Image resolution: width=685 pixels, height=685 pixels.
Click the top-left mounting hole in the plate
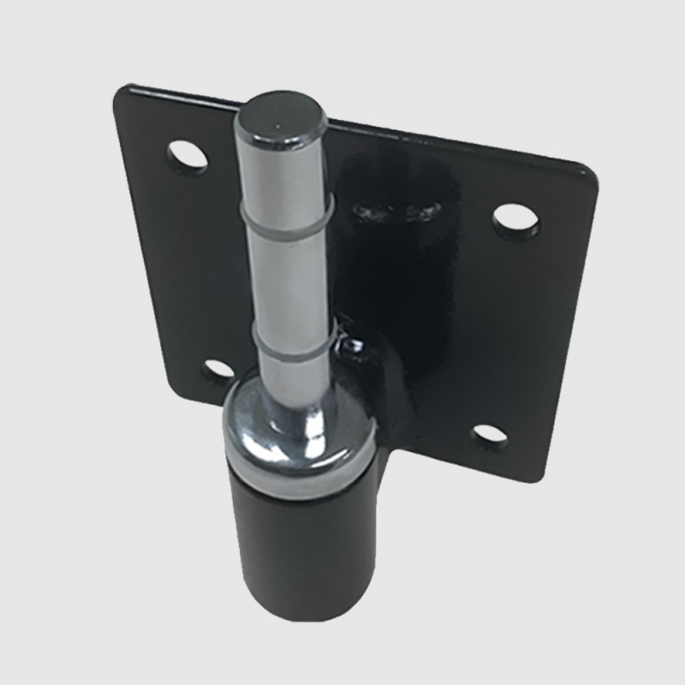pos(188,156)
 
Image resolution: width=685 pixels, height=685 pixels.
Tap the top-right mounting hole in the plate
pos(515,219)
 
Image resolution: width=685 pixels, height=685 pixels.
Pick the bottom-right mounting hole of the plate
pos(491,435)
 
